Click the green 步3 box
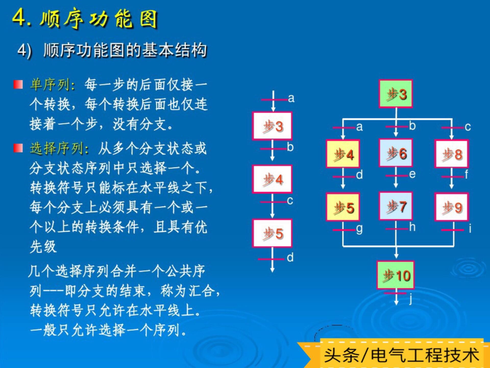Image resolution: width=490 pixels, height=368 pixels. (x=396, y=94)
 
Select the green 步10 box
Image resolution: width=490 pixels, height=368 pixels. (x=396, y=275)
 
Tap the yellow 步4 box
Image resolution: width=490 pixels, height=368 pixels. (x=343, y=154)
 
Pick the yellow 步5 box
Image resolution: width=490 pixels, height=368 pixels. (x=343, y=207)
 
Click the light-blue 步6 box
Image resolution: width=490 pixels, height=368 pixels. (x=396, y=153)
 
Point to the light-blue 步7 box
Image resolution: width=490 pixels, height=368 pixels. (x=396, y=206)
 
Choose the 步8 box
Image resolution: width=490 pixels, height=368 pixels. (x=451, y=154)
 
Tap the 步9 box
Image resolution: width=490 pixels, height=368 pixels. (x=451, y=207)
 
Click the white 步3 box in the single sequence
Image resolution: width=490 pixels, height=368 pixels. (x=272, y=126)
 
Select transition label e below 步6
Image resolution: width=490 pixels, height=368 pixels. (x=412, y=174)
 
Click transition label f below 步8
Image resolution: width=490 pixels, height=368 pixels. (x=466, y=175)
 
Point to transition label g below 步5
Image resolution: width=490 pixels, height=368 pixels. (x=359, y=229)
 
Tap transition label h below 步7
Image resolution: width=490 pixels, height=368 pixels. (x=412, y=227)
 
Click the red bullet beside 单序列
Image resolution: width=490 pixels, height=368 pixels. (x=18, y=84)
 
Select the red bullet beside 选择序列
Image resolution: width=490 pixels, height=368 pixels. (x=18, y=148)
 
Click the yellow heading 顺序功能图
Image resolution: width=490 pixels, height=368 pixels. (x=99, y=18)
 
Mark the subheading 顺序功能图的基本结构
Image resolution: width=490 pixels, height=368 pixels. (x=125, y=50)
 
